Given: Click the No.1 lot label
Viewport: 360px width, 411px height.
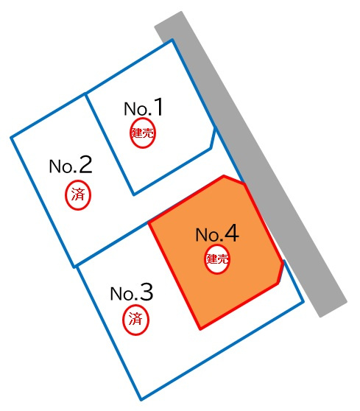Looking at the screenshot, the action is click(144, 108).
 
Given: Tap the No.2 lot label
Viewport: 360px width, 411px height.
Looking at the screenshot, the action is click(71, 164).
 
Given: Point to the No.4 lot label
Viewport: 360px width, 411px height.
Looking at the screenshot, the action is click(217, 233).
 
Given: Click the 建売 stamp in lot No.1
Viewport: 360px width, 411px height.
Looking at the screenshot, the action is click(143, 133).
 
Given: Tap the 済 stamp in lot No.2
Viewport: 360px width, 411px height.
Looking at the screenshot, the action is click(78, 195).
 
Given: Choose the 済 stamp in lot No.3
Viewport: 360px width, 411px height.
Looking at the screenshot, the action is click(135, 320).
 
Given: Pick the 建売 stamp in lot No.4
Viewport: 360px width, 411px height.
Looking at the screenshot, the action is click(217, 259).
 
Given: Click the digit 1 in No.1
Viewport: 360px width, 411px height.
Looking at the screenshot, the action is click(158, 107).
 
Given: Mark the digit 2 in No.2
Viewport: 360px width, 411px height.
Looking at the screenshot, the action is click(85, 164).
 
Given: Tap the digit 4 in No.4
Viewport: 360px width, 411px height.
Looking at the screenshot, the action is click(232, 233).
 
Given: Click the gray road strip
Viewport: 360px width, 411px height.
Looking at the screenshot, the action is click(251, 164).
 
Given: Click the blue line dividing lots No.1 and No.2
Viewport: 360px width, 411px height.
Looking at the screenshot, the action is click(110, 144).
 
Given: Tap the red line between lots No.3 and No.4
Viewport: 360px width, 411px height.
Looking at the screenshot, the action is click(174, 275).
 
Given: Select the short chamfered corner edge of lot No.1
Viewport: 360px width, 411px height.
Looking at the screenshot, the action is click(213, 138).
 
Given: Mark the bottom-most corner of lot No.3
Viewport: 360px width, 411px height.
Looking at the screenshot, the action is click(141, 400).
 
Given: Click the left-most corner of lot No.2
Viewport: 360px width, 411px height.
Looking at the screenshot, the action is click(11, 138).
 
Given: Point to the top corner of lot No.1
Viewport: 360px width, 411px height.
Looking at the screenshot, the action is click(172, 40).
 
